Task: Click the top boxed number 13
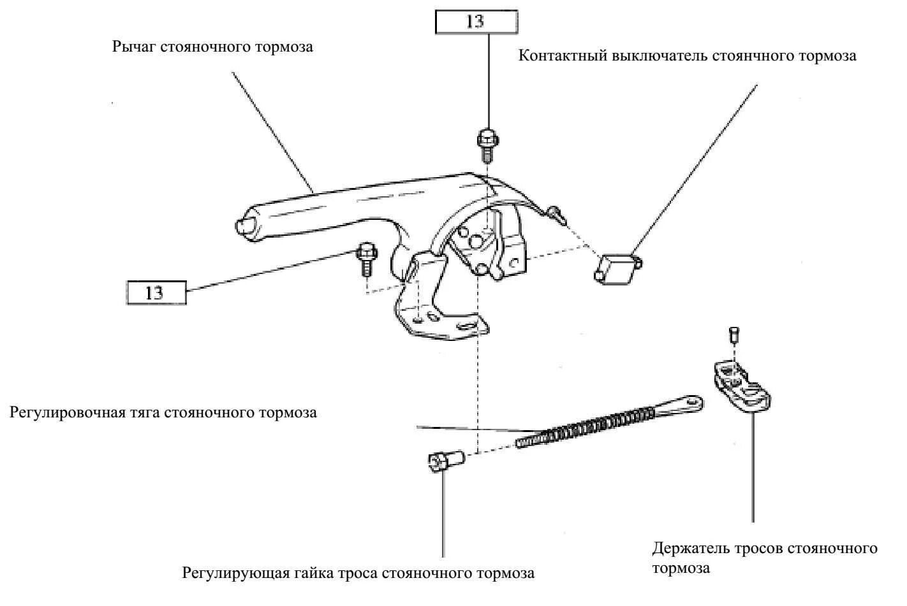(x=476, y=21)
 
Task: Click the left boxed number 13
(x=154, y=292)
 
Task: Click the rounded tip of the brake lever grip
(x=242, y=227)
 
